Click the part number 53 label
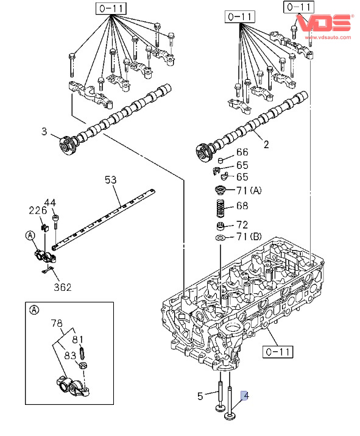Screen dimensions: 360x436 coord(110,180)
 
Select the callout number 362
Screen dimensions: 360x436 coord(63,287)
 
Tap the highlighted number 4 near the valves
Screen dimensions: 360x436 coord(245,396)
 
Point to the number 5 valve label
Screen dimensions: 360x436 coord(200,396)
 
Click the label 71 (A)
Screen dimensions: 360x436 coord(249,190)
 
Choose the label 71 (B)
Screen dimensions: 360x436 coord(249,237)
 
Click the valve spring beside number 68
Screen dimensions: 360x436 coord(221,209)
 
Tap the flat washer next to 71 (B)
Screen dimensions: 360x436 coord(221,238)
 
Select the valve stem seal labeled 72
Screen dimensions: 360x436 coord(221,226)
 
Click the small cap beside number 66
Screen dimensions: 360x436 coord(221,160)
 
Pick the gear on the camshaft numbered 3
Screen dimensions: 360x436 coord(67,146)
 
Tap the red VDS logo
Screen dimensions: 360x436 coord(324,23)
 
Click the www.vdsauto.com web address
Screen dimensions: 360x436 coord(328,37)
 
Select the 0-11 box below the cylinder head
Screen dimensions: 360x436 coord(278,352)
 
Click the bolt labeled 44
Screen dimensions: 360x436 coord(55,221)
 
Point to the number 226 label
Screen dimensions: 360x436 coord(38,210)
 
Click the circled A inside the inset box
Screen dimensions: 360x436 coord(34,310)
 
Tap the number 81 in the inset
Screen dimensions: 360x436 coord(77,340)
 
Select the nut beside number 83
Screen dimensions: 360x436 coord(82,365)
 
